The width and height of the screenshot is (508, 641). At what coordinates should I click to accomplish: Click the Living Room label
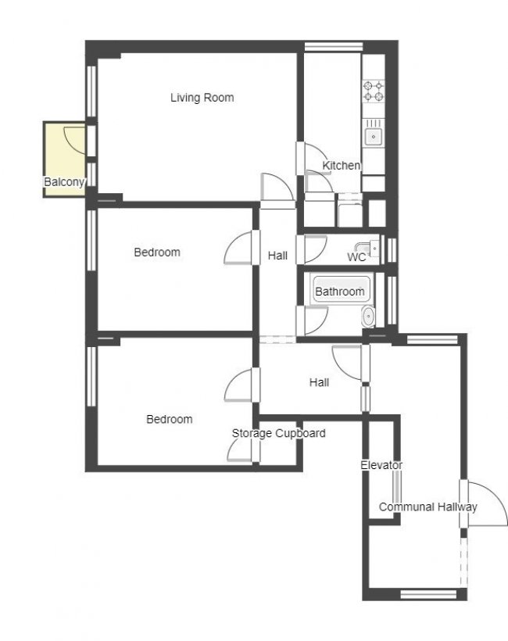click(202, 98)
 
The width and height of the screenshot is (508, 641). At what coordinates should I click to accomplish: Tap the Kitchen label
click(342, 166)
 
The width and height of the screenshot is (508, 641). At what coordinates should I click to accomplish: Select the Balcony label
click(63, 182)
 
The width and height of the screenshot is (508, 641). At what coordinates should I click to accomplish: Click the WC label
click(356, 256)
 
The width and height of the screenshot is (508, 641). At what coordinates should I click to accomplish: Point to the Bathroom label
click(340, 292)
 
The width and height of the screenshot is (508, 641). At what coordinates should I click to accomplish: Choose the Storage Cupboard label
click(278, 433)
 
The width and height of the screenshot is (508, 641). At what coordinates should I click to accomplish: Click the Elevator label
click(381, 465)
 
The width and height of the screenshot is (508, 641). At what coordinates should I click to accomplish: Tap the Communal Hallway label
click(428, 507)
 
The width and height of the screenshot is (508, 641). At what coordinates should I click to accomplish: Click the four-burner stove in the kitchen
click(374, 91)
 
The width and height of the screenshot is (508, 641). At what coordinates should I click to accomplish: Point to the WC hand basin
click(373, 249)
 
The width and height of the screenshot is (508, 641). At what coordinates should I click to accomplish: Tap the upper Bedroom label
click(157, 252)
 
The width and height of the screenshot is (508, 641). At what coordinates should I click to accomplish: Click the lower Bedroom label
click(170, 419)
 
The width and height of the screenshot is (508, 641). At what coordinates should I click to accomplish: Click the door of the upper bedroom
click(241, 249)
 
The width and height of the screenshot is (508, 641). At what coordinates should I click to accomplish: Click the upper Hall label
click(277, 256)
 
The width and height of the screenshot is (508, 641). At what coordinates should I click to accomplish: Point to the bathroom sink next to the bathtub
click(368, 317)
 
